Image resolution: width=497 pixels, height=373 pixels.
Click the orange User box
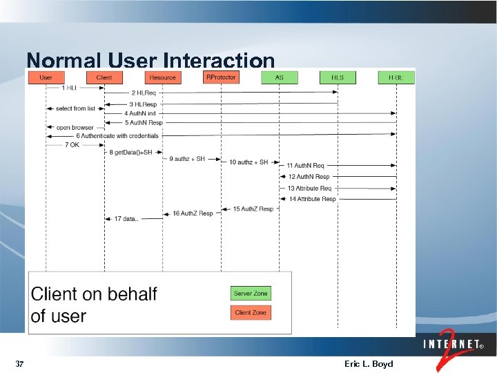coord(46,77)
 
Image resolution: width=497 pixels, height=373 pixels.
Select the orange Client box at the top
coord(104,77)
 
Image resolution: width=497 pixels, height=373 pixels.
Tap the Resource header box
coord(163,77)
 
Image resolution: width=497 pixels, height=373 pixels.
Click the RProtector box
coord(221,77)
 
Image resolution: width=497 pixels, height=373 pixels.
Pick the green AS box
coord(279,77)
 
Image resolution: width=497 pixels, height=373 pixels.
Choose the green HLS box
coord(338,77)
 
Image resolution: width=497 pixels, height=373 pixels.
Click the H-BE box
coord(396,77)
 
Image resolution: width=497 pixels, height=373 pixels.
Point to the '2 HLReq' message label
coord(144,93)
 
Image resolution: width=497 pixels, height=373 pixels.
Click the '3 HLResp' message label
coord(144,104)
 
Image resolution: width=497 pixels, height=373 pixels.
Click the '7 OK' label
coord(72,145)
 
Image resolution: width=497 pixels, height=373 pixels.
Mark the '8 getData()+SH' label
coord(130,153)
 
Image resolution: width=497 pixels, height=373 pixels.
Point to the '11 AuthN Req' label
coord(305,166)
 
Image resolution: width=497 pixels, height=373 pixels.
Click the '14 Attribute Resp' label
coord(312,199)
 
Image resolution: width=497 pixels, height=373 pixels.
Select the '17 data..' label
coord(126,219)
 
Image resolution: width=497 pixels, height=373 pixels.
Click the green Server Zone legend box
coord(251,294)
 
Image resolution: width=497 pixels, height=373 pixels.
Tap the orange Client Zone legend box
coord(251,313)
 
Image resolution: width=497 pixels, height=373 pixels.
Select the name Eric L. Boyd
coord(368,364)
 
